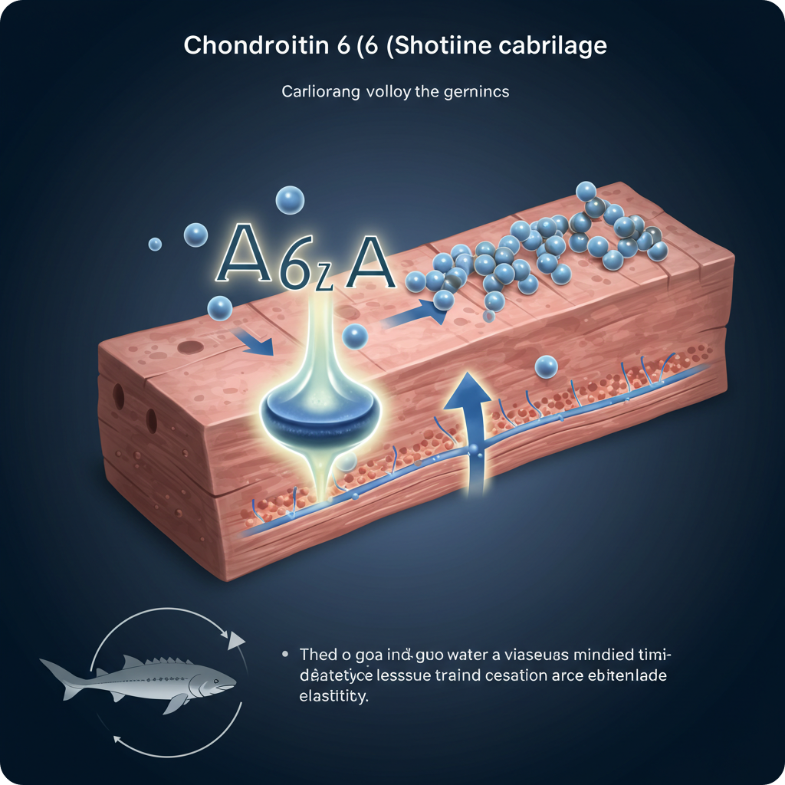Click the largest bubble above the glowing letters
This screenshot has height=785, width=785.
291,201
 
